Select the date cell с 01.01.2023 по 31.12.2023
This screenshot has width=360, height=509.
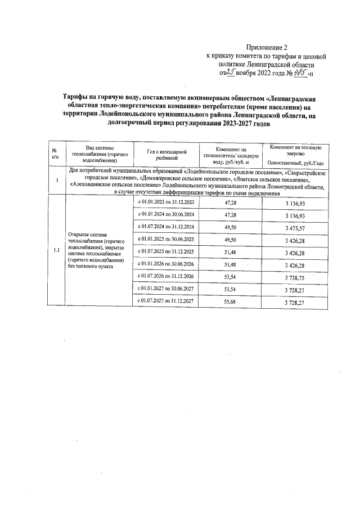pos(166,202)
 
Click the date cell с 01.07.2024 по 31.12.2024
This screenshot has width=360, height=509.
pos(166,227)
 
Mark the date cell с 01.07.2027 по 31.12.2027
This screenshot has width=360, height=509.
pos(166,302)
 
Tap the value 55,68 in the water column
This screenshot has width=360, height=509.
pos(230,302)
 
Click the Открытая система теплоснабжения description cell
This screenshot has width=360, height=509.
pos(98,250)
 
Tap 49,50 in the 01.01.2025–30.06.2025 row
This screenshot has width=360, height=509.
pos(230,240)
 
